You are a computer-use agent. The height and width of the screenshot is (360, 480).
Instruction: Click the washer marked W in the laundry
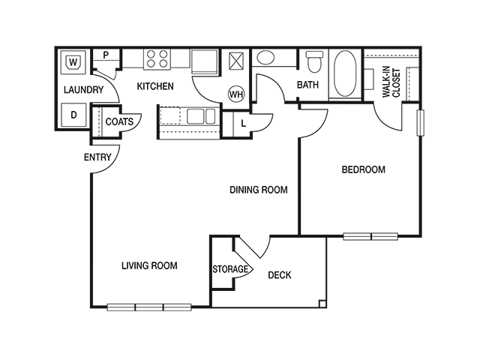[73, 62]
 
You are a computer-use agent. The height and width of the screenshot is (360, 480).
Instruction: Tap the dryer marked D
[73, 115]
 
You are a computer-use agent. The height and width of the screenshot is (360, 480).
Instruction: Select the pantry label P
[106, 55]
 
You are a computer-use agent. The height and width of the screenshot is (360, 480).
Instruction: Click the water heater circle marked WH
[236, 94]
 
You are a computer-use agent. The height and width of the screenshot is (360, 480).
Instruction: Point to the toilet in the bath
[315, 61]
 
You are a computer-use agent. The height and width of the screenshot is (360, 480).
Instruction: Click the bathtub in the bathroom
[345, 73]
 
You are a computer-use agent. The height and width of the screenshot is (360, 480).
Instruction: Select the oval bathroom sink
[265, 58]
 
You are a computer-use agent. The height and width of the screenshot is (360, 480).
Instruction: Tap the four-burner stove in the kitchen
[157, 58]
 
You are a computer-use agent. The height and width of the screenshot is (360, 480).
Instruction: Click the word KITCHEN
[155, 86]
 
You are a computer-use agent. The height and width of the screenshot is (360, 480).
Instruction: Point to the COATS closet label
[119, 121]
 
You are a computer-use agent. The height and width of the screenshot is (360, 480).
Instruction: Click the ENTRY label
[97, 157]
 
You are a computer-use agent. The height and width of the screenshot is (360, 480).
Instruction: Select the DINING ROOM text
[259, 190]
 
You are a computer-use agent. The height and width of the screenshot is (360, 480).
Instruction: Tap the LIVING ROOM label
[149, 265]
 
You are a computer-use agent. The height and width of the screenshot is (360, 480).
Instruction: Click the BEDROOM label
[363, 169]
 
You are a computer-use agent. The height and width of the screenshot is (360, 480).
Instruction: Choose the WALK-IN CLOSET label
[391, 82]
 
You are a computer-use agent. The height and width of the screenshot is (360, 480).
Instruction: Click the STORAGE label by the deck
[230, 269]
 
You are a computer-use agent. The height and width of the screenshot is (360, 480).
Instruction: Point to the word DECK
[280, 275]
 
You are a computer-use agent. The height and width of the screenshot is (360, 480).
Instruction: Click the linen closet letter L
[244, 124]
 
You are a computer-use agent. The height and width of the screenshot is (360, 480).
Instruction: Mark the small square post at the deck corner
[322, 303]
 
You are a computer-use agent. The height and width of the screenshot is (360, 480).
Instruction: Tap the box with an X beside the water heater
[236, 61]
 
